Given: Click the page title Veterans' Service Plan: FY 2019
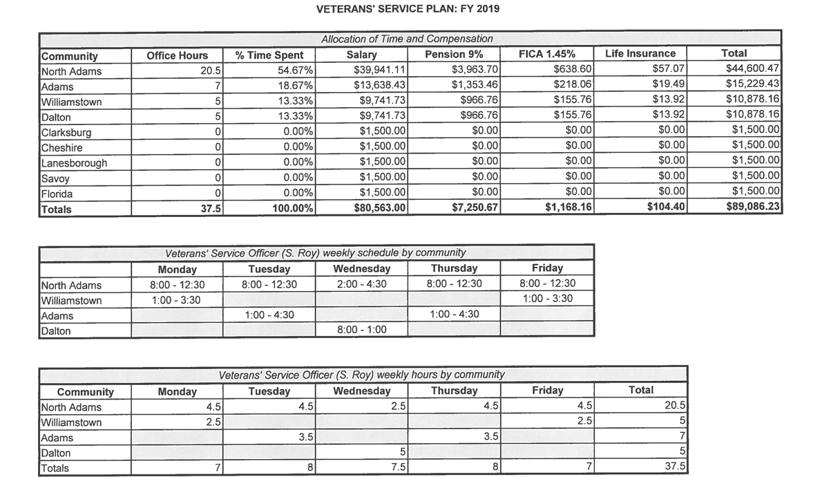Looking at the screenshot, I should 408,10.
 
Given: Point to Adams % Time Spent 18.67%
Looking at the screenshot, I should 298,86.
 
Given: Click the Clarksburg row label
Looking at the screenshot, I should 66,131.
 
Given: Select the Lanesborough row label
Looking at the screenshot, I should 74,162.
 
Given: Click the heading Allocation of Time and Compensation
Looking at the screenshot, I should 407,39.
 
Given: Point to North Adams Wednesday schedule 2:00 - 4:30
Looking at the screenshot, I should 361,284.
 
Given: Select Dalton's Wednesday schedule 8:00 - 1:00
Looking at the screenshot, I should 361,330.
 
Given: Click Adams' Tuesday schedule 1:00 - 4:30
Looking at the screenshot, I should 269,315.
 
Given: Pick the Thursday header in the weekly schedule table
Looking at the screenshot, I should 454,269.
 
